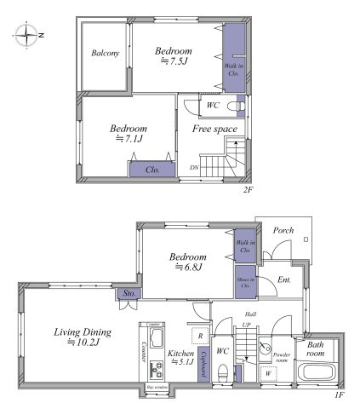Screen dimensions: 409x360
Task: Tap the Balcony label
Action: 104,54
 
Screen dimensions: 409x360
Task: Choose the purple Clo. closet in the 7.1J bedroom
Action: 152,170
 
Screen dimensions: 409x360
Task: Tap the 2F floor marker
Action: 248,191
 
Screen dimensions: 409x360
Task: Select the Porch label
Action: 283,231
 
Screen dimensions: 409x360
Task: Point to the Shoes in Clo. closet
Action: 245,282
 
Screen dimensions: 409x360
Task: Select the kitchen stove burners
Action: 155,372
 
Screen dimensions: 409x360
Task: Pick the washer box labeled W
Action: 268,372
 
